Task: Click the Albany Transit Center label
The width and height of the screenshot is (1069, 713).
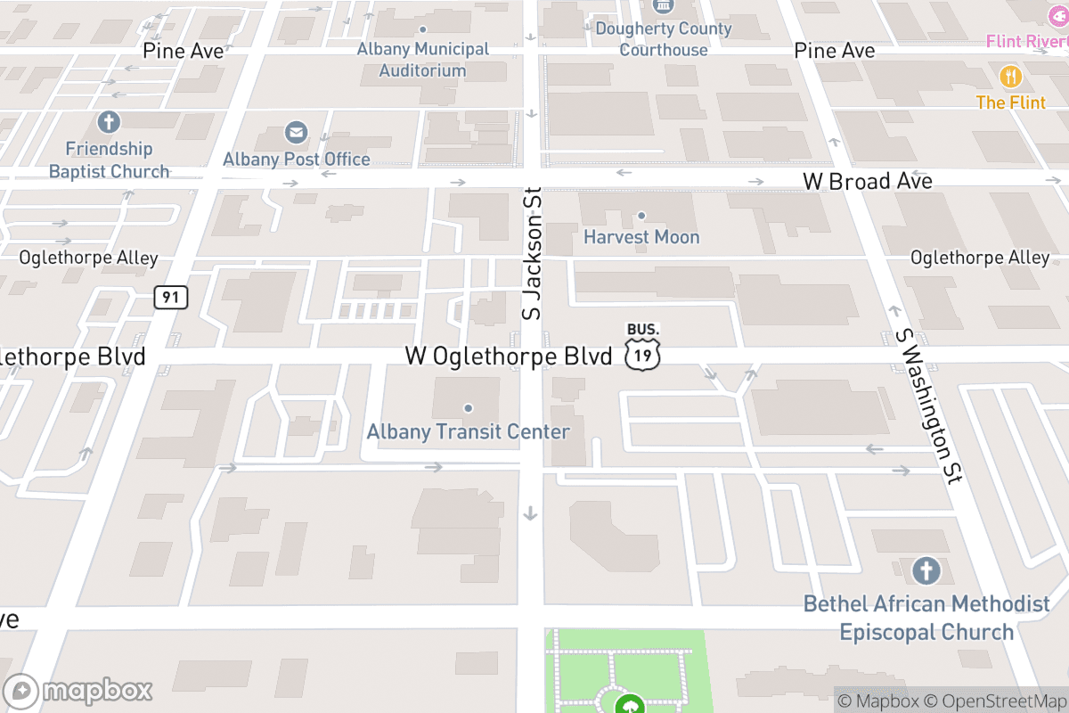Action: tap(468, 432)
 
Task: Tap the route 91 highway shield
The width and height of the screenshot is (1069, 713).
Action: tap(170, 296)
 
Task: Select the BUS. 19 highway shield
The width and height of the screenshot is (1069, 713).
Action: tap(642, 348)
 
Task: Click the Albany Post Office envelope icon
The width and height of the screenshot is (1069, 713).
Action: tap(296, 134)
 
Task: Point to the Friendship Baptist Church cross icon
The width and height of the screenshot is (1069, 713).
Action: tap(109, 122)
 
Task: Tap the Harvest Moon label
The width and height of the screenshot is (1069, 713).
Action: tap(641, 237)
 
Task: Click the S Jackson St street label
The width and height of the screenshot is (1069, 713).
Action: tap(532, 254)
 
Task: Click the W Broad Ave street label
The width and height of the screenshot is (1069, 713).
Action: tap(867, 181)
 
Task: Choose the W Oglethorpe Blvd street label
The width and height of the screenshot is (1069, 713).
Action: tap(509, 356)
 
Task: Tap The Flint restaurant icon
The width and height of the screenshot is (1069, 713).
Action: tap(1010, 77)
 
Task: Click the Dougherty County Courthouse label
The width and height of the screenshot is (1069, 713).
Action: tap(664, 39)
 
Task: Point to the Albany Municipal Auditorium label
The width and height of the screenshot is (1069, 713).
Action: tap(423, 60)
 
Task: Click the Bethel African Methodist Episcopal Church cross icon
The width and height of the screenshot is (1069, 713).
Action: tap(926, 570)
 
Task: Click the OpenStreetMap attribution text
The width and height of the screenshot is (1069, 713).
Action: tap(994, 701)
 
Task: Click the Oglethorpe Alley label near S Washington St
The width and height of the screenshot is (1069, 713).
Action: tap(980, 258)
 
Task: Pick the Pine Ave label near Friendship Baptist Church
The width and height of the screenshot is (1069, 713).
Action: tap(184, 51)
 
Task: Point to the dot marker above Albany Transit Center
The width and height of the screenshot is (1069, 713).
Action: tap(468, 408)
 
